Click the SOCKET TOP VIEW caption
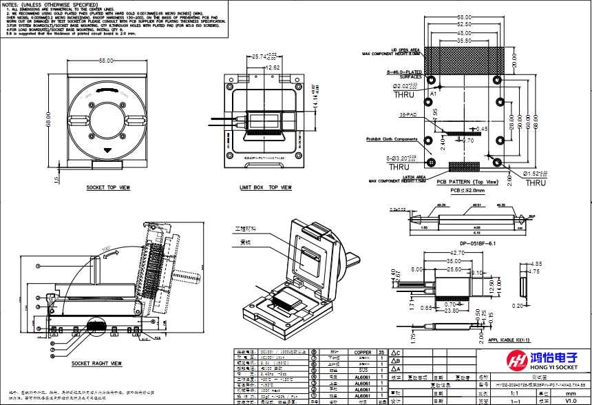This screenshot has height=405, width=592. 108,187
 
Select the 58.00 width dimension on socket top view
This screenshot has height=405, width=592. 106,61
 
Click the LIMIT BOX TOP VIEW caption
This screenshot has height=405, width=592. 266,187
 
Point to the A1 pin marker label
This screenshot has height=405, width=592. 433,93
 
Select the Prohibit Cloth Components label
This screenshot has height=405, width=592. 391,139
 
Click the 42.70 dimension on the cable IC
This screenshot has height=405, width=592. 456,253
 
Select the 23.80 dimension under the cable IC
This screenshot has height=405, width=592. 452,311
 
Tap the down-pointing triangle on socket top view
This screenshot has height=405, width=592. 106,150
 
